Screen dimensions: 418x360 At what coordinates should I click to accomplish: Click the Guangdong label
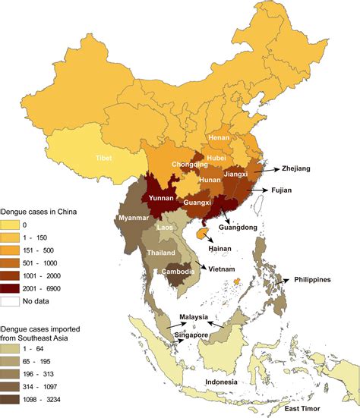pos(242,226)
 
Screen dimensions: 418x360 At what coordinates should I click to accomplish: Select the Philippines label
pos(323,280)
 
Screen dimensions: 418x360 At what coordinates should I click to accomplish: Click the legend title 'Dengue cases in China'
pos(46,210)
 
